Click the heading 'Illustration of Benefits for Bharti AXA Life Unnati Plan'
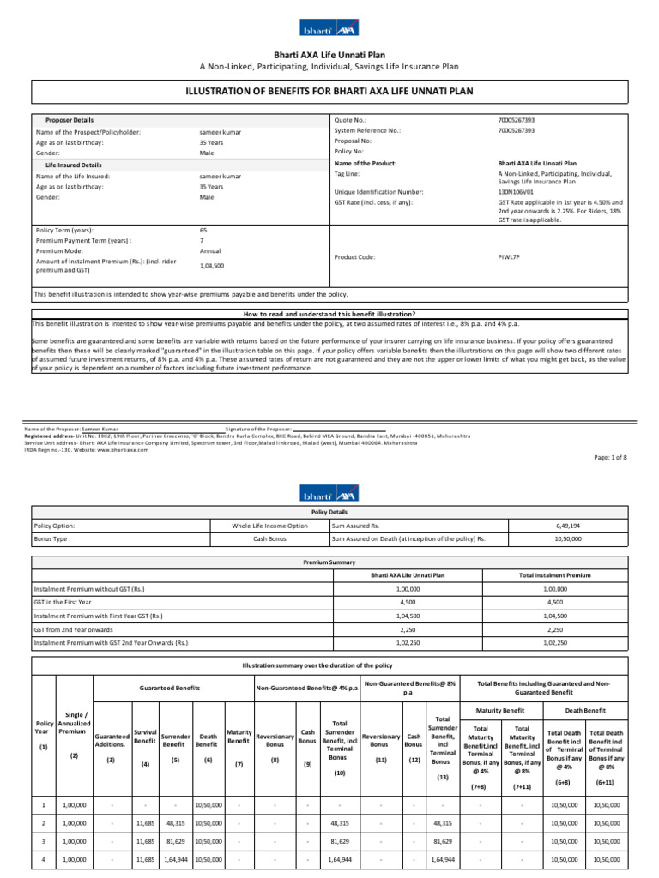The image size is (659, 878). pyautogui.click(x=330, y=91)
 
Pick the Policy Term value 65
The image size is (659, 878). pyautogui.click(x=203, y=231)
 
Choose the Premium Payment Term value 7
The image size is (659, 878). pyautogui.click(x=202, y=241)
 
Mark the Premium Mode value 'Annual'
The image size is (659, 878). pyautogui.click(x=210, y=251)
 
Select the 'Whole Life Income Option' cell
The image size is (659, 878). pyautogui.click(x=269, y=525)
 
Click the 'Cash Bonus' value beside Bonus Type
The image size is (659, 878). pyautogui.click(x=269, y=539)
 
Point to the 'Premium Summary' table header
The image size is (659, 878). pyautogui.click(x=329, y=562)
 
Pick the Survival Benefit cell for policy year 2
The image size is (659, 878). pyautogui.click(x=147, y=821)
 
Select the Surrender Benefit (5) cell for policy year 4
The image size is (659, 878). pyautogui.click(x=175, y=858)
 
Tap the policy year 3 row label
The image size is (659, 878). pyautogui.click(x=44, y=840)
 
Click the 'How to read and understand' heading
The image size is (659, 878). pyautogui.click(x=330, y=315)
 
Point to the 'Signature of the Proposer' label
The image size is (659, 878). pyautogui.click(x=259, y=428)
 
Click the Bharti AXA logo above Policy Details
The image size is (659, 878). pyautogui.click(x=329, y=495)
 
